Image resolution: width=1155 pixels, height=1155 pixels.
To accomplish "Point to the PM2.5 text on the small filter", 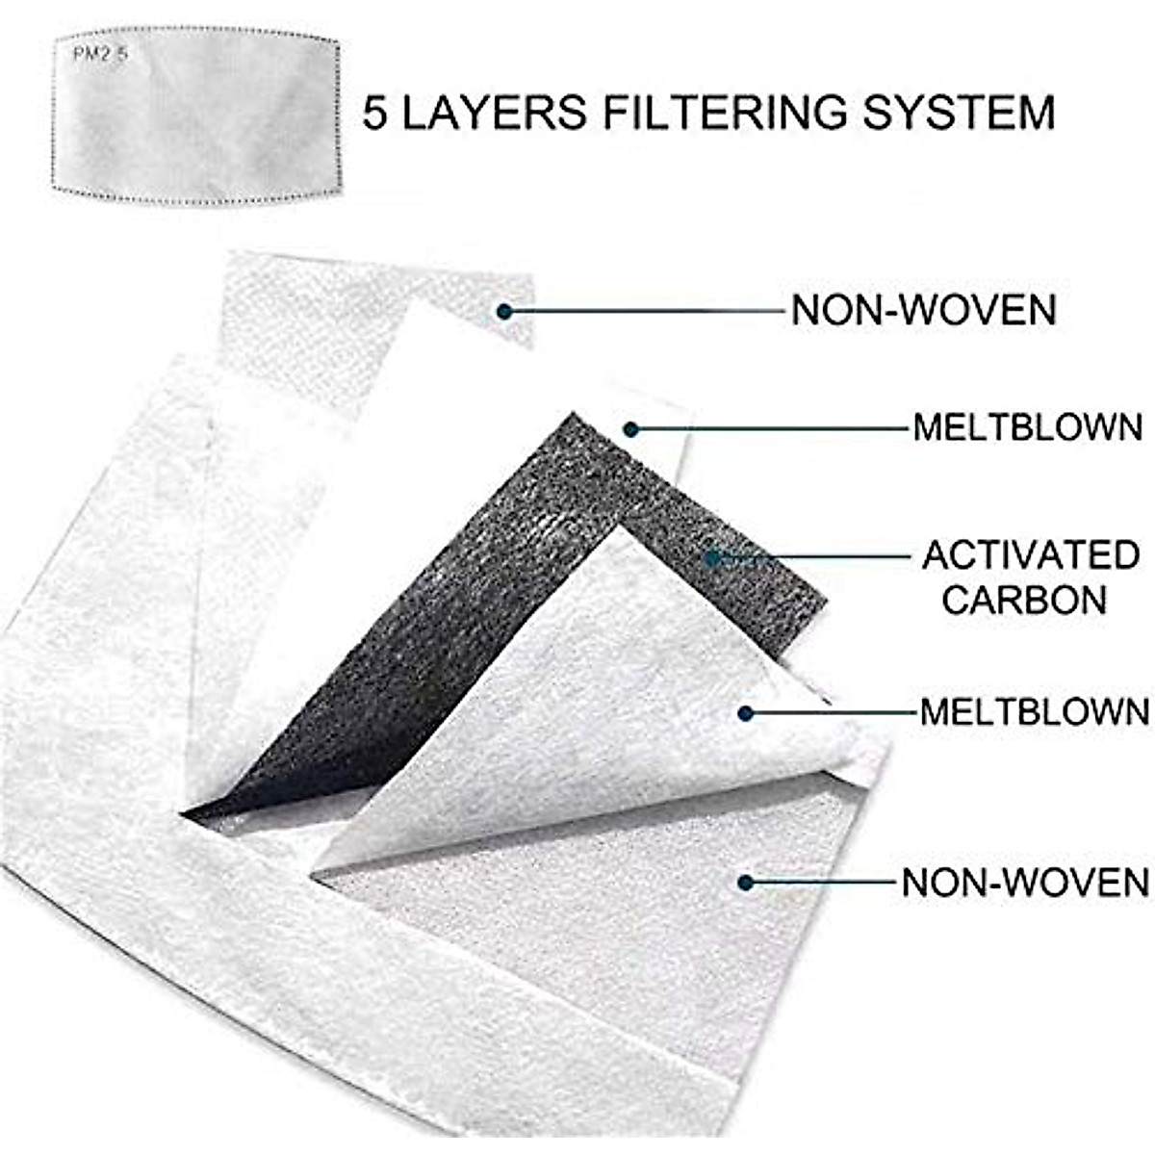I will tap(100, 54).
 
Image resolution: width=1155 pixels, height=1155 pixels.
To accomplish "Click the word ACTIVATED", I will tap(1031, 555).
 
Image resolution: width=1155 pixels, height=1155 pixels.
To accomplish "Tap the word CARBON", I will tap(1024, 600).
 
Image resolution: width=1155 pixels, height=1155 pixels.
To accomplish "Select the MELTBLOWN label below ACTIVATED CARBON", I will tap(1035, 712).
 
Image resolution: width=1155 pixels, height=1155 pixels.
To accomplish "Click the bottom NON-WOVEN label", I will tap(1025, 882).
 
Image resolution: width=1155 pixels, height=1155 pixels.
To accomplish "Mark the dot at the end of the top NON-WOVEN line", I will tap(504, 310).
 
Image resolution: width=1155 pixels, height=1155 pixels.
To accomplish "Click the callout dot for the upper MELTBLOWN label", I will tap(630, 428).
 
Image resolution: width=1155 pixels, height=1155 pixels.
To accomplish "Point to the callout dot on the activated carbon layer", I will tap(712, 556).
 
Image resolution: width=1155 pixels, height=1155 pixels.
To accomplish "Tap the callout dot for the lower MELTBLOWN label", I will tap(745, 713).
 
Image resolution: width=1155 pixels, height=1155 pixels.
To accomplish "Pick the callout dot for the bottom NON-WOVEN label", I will tap(744, 882).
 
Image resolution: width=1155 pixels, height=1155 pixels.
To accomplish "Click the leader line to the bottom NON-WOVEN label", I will tap(823, 882).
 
